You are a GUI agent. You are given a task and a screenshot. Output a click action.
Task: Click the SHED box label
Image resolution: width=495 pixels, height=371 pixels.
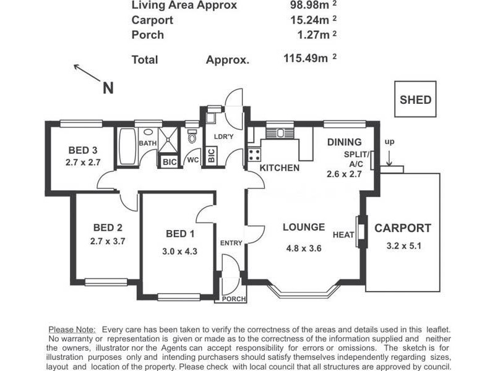[415, 100]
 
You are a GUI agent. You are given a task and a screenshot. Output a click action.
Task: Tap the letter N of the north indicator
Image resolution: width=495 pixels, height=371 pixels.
[108, 88]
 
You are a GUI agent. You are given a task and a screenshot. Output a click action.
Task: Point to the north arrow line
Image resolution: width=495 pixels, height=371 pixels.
[87, 72]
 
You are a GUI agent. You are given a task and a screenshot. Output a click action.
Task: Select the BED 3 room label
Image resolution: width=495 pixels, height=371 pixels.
[83, 150]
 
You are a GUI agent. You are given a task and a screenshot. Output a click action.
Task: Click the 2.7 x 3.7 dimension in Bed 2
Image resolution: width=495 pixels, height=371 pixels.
[108, 241]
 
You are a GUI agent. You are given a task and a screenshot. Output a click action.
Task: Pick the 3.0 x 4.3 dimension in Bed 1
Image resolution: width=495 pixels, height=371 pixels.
[179, 252]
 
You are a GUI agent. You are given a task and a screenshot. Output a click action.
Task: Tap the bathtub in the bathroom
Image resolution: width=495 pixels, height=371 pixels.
[127, 146]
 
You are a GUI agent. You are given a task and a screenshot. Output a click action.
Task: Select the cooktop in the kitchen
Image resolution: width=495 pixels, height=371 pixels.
[254, 155]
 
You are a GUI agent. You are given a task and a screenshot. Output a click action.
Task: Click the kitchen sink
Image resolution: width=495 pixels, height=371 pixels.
[280, 133]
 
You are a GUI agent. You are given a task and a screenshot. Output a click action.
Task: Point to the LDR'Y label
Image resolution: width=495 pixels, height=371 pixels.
[223, 137]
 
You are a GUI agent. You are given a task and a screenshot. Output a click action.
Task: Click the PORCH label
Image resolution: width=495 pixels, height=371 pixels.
[234, 299]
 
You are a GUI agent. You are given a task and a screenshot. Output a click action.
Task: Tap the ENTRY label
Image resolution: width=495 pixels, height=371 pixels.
[231, 243]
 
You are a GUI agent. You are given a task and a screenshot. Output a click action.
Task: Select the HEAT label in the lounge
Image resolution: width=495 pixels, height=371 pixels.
[343, 235]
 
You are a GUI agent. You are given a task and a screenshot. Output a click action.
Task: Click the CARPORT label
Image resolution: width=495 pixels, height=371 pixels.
[403, 228]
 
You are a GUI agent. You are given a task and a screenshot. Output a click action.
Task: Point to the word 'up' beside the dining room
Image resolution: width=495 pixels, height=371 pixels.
[389, 142]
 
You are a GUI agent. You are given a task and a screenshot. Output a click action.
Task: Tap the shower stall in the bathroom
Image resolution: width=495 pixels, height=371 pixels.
[168, 140]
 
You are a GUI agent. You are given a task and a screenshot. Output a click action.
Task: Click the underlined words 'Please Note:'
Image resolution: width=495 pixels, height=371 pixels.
[72, 330]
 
